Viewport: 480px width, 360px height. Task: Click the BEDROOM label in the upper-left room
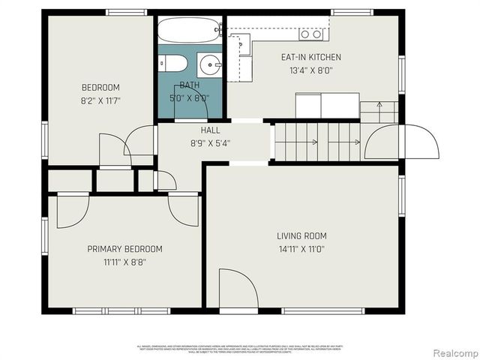point(100,88)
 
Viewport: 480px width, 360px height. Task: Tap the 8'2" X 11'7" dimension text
point(100,100)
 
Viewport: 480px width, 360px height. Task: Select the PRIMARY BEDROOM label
point(124,249)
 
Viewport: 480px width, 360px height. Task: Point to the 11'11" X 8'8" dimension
point(124,262)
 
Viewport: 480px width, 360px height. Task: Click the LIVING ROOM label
point(301,236)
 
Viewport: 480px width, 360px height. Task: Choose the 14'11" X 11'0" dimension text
point(301,249)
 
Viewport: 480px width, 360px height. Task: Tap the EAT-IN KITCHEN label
point(310,57)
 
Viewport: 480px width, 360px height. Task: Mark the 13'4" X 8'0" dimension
point(310,70)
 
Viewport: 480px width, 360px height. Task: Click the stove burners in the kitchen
point(311,34)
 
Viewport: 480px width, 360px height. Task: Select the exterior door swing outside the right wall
point(420,142)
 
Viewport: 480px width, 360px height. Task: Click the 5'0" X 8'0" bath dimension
point(189,97)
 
